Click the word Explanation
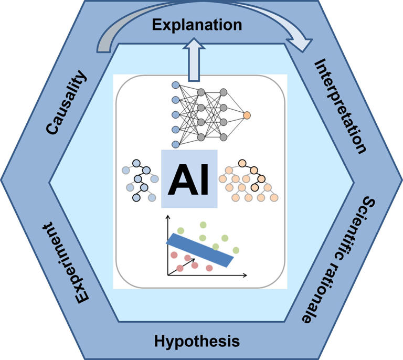coord(197,25)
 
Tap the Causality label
coord(66,104)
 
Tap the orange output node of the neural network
coord(247,114)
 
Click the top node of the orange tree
coord(242,163)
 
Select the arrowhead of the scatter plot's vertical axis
coord(168,217)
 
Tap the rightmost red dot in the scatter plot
coord(209,268)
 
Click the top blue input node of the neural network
coord(176,84)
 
